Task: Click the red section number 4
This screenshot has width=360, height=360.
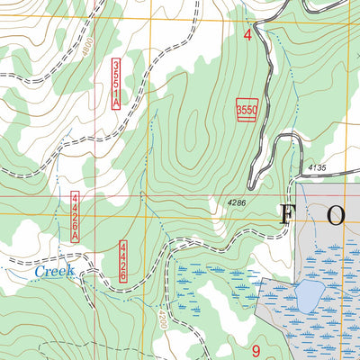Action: point(247,35)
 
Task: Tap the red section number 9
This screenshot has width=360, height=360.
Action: point(256,350)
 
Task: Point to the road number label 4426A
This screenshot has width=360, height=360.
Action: point(76,216)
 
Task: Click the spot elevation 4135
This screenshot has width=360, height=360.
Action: point(316,167)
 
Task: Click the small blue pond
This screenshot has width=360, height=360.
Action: point(310,292)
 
